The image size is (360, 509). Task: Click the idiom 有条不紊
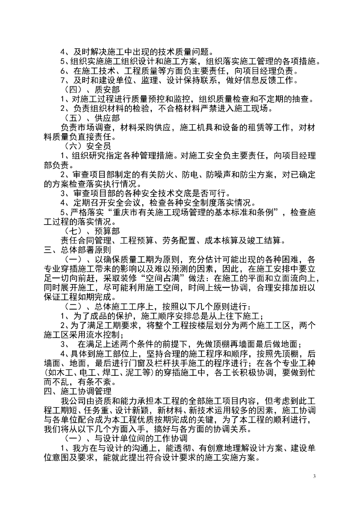point(96,382)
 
